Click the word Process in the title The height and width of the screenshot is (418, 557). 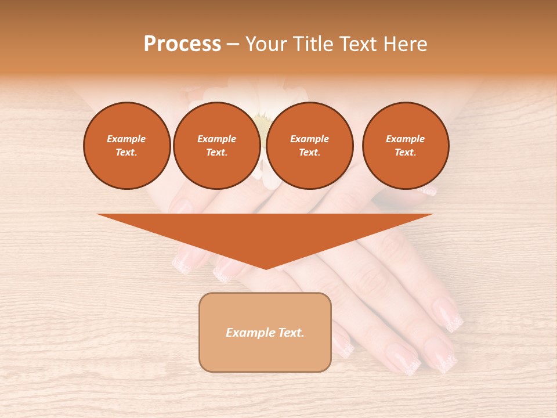tap(182, 44)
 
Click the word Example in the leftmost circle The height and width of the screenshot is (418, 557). tap(126, 139)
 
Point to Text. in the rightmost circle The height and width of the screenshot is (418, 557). tap(406, 152)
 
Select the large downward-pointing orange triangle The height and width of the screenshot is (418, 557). tap(265, 232)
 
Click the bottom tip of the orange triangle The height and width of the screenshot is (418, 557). tap(265, 268)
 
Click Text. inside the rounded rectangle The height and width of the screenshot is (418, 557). tap(290, 333)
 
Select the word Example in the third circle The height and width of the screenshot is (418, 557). tap(309, 139)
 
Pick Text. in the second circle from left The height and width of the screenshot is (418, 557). tap(216, 152)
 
